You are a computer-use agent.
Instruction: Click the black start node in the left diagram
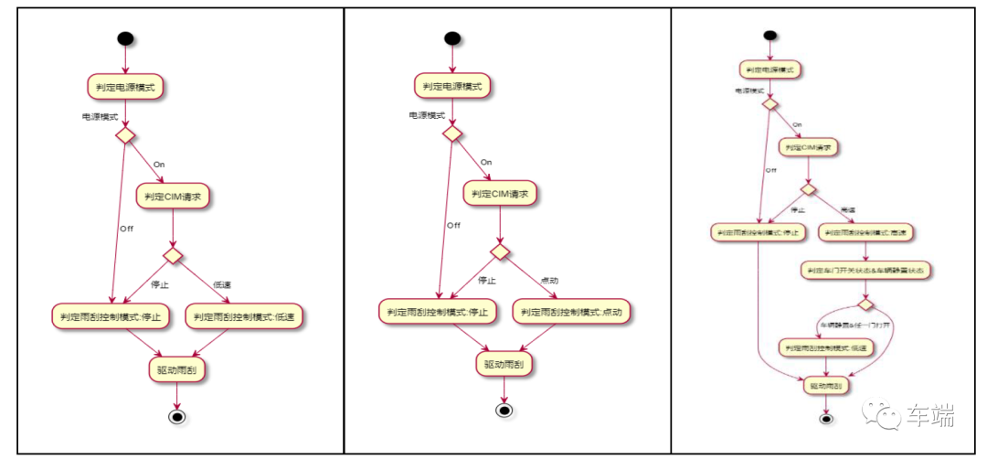coord(125,39)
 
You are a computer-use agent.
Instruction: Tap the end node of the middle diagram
coord(504,410)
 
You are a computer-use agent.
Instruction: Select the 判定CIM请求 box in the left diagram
coord(174,196)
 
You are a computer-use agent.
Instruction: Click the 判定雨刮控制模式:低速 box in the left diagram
coord(247,317)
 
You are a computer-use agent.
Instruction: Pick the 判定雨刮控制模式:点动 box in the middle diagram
coord(573,312)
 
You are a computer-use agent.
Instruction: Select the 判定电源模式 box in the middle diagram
coord(452,86)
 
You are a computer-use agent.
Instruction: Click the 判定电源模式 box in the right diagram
coord(769,69)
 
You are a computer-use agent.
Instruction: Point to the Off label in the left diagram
coord(125,229)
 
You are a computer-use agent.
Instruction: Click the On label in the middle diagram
coord(486,162)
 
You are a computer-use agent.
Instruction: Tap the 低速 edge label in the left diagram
coord(221,284)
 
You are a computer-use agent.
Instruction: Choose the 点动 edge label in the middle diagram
coord(550,280)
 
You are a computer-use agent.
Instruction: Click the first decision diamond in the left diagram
coord(125,135)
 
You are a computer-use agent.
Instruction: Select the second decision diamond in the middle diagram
coord(500,251)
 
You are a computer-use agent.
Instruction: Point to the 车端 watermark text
coord(930,418)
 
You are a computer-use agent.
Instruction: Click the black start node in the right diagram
coord(769,36)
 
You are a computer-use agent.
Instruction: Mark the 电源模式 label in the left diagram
coord(100,117)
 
